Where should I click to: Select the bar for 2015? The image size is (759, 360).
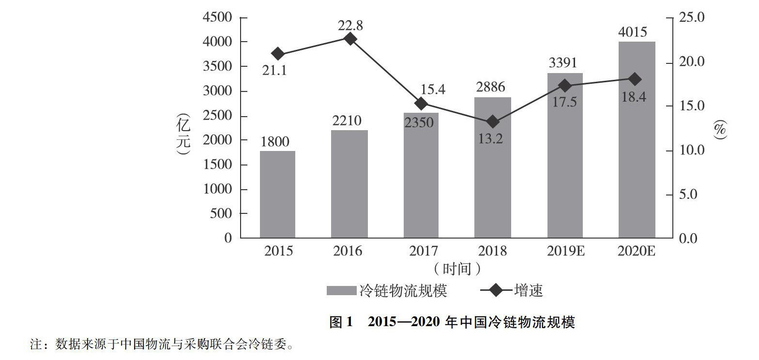(x=277, y=195)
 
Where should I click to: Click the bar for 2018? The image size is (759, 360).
(x=492, y=167)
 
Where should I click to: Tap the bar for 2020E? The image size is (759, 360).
(x=637, y=140)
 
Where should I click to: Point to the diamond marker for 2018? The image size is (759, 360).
(x=493, y=121)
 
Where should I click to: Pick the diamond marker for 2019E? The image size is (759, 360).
(x=564, y=86)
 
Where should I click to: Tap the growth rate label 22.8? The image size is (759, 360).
(x=350, y=24)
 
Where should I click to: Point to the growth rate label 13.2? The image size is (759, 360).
(x=491, y=138)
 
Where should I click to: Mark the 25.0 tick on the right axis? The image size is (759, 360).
(x=692, y=18)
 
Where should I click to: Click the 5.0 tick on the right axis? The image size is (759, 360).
(x=688, y=195)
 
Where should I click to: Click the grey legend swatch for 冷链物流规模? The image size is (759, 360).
(x=342, y=290)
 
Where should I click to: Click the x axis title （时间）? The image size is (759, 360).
(x=456, y=267)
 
